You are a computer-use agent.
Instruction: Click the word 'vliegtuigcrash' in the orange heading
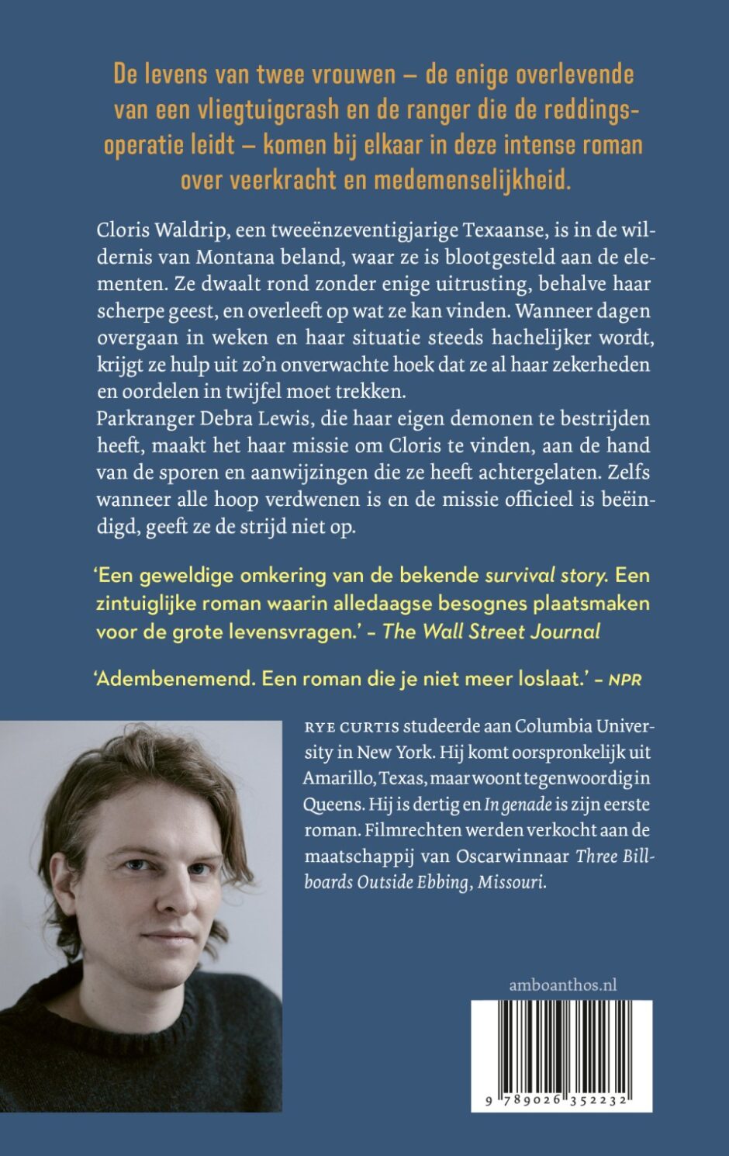coord(261,110)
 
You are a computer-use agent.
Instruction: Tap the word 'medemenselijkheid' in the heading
coord(470,180)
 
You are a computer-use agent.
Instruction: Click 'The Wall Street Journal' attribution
coord(492,632)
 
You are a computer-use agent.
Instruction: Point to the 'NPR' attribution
coord(625,680)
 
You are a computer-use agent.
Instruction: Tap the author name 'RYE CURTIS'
coord(351,727)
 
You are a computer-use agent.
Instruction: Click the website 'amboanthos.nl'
coord(563,985)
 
